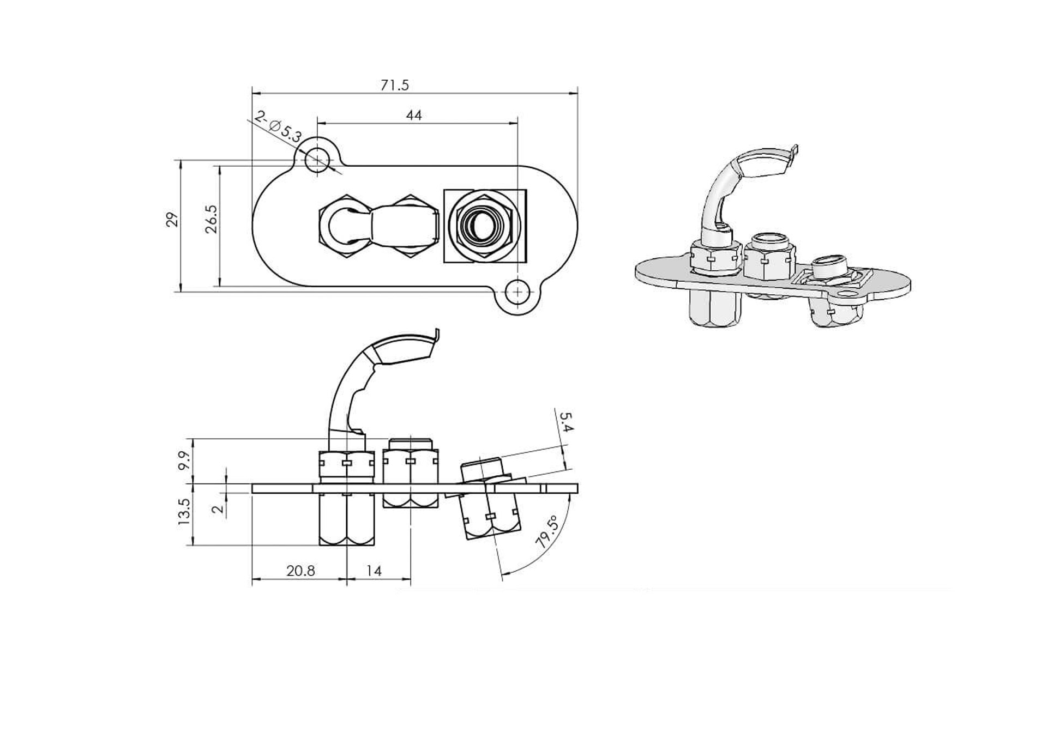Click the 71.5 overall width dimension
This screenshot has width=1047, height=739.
coord(395,86)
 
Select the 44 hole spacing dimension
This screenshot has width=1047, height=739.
coord(414,116)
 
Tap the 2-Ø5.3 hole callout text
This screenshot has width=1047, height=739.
coord(278,126)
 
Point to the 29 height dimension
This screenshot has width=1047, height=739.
coord(173,220)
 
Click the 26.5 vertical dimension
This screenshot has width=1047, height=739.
coord(212,220)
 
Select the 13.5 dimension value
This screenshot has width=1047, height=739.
coord(184,512)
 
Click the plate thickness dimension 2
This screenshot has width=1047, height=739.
coord(218,508)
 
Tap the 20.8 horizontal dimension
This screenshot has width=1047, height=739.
coord(300,571)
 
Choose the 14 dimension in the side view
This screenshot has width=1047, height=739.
coord(374,571)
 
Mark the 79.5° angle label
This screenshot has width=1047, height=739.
coord(547,532)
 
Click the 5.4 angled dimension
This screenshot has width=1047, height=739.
coord(565,422)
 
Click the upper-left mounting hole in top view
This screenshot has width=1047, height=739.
coord(317,160)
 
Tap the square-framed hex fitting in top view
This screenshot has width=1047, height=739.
coord(484,226)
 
